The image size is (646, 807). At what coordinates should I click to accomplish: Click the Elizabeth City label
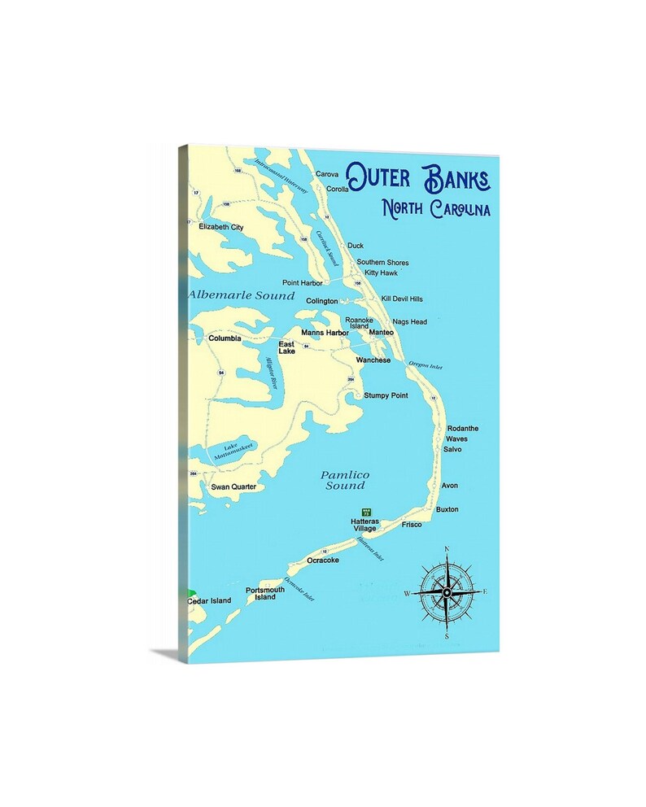[x=221, y=227]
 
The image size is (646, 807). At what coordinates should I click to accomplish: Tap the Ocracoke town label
[x=323, y=561]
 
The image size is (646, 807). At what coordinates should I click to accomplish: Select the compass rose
[x=446, y=592]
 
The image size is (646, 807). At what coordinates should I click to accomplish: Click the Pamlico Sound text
[x=345, y=480]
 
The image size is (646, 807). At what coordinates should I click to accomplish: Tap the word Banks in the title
[x=456, y=176]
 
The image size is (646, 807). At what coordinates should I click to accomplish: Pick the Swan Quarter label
[x=234, y=486]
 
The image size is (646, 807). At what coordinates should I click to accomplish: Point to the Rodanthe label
[x=463, y=428]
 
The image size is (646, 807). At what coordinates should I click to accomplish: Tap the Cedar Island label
[x=209, y=600]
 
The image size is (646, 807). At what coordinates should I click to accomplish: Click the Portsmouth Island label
[x=265, y=593]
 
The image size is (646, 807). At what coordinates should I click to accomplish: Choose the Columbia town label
[x=225, y=338]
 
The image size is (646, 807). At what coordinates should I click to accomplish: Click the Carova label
[x=327, y=174]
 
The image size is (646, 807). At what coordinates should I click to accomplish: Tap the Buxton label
[x=447, y=509]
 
